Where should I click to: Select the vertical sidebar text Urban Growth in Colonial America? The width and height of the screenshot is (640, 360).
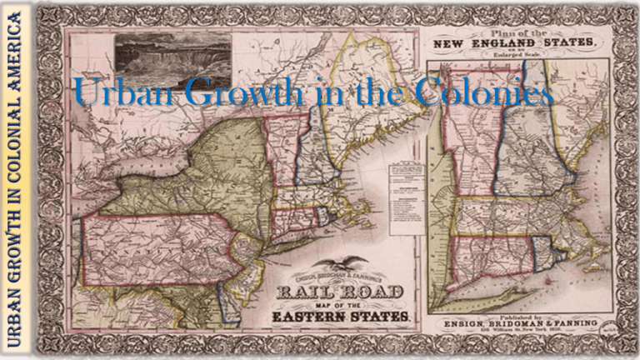tap(16, 179)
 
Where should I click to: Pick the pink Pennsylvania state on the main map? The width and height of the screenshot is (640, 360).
tap(158, 246)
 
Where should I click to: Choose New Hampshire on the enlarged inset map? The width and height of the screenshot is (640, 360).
tap(533, 150)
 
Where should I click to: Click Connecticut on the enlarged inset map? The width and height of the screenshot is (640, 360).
tap(492, 262)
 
